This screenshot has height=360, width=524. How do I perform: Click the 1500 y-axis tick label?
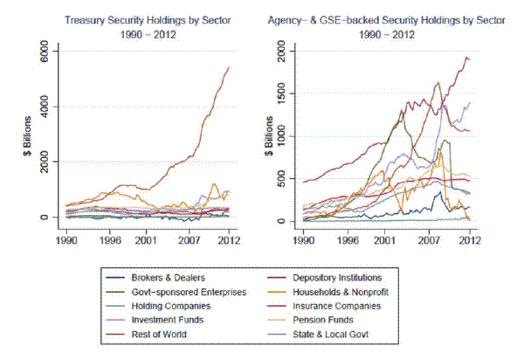click(x=286, y=94)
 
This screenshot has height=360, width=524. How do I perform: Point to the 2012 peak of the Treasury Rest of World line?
click(x=229, y=66)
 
